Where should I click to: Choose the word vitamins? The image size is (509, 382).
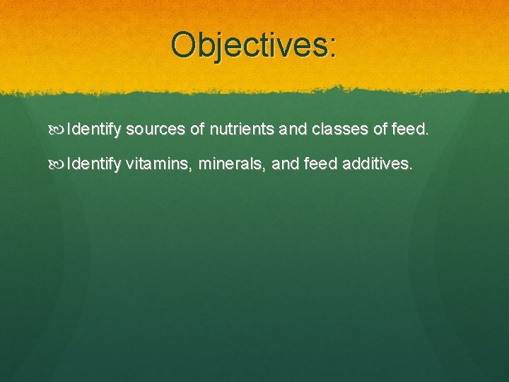click(160, 165)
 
